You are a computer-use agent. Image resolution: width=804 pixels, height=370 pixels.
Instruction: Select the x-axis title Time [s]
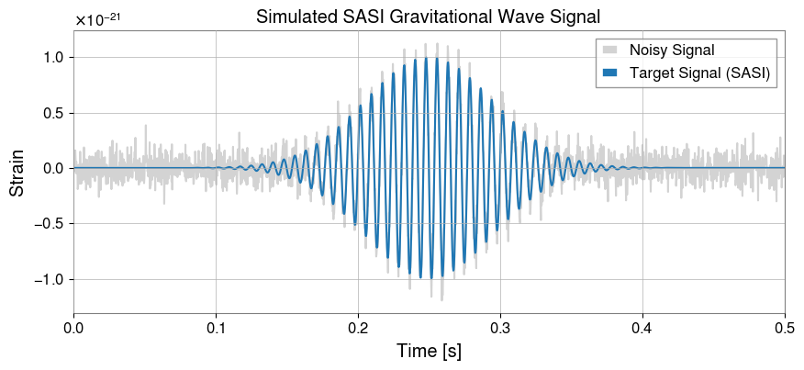tap(429, 351)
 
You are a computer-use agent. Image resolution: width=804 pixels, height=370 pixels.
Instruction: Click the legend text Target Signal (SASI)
tap(699, 72)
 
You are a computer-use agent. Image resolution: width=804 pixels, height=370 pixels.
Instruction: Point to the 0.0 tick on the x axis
tap(73, 327)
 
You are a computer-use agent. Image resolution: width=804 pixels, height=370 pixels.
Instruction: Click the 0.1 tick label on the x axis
tap(216, 327)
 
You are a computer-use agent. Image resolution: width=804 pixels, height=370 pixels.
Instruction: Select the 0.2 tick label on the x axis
tap(358, 327)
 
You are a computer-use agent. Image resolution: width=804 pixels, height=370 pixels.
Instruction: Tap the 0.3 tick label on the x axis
tap(500, 327)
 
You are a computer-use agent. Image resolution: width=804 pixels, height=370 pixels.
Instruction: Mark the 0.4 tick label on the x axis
tap(642, 327)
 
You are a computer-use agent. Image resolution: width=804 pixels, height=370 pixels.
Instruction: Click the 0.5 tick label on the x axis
tap(785, 327)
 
